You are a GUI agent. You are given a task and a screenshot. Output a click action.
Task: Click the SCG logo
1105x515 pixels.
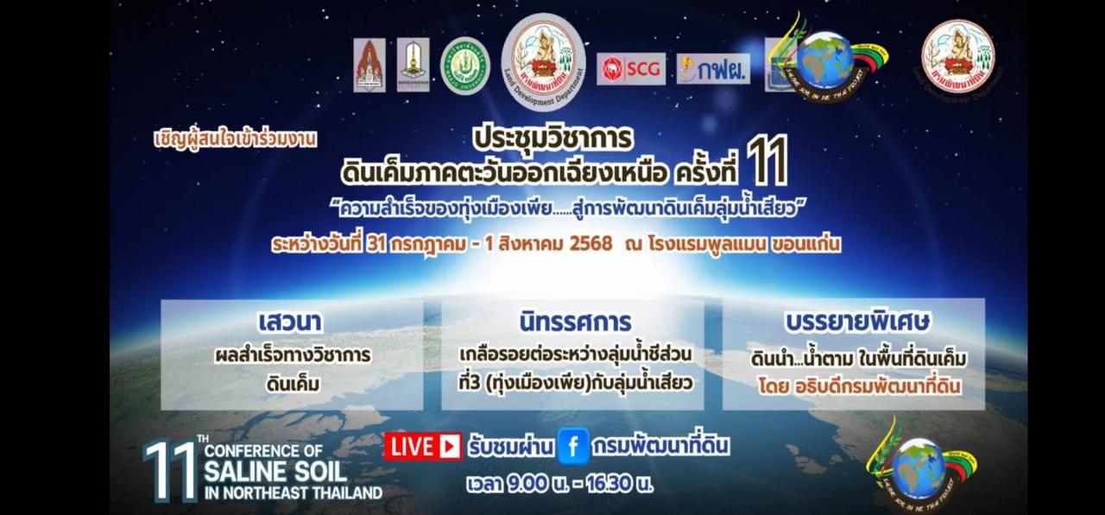point(631,69)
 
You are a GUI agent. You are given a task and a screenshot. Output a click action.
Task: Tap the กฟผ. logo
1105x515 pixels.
point(713,69)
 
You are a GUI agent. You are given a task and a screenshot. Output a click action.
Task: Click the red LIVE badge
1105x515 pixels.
point(423,446)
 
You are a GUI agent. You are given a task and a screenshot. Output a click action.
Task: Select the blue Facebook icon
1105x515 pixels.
point(572,446)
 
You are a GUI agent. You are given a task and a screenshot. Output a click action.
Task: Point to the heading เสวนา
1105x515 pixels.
point(290,322)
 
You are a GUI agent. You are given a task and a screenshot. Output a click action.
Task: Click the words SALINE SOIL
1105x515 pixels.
point(275,472)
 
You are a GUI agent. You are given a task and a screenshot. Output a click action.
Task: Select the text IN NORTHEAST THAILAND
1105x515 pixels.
point(294,493)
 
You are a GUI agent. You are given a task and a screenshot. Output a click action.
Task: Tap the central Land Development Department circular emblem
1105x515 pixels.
point(544,59)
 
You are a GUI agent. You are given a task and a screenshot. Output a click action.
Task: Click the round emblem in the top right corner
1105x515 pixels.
point(957,56)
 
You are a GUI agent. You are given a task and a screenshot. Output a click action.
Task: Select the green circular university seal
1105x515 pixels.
point(465,66)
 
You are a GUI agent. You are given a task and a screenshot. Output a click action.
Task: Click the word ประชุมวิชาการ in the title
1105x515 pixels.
point(553,137)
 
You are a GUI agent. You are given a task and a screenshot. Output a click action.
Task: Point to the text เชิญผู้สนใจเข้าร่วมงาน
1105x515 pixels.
point(235,138)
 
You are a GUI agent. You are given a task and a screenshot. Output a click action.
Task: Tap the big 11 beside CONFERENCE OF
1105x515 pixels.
point(169,471)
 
